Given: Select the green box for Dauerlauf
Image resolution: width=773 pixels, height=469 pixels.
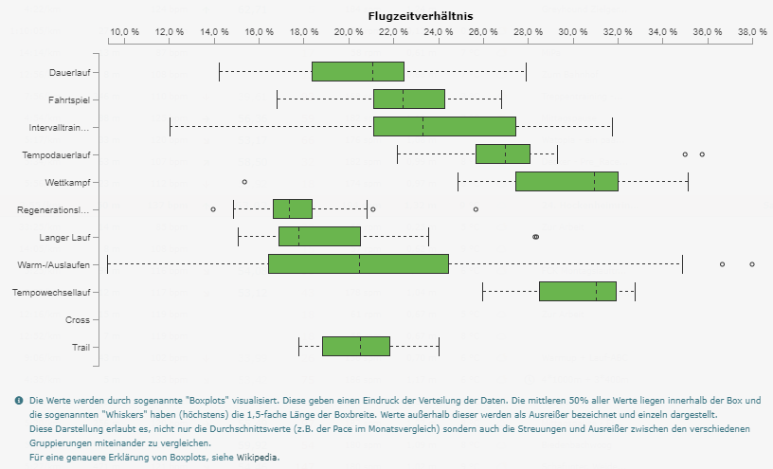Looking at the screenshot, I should [x=357, y=71].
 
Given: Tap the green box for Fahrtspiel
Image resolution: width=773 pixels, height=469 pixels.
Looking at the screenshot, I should [x=408, y=99].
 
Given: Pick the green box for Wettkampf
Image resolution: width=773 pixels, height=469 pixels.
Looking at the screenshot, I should [x=566, y=181].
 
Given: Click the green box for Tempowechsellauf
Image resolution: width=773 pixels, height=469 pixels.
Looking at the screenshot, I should [x=577, y=292].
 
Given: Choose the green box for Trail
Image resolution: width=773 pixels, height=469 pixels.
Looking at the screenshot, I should [x=355, y=347].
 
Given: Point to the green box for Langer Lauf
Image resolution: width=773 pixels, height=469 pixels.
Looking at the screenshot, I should [x=319, y=237].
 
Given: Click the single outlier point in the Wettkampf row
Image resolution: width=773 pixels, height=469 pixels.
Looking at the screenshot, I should [x=244, y=181].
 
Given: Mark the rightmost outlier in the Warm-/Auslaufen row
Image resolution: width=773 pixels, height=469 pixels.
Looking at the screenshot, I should [x=752, y=264].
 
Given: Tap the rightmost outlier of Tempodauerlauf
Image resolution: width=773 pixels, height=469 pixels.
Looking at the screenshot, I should [x=702, y=153].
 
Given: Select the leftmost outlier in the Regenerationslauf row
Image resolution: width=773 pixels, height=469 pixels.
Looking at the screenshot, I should [x=213, y=208].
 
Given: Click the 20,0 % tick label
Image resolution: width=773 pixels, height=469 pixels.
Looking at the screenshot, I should [x=349, y=32].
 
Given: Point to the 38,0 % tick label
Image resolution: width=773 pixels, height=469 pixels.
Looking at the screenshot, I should [x=752, y=32].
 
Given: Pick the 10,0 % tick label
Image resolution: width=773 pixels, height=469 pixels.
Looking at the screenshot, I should [x=124, y=32].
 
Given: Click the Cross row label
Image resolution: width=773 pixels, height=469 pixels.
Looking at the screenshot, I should [x=78, y=320].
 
